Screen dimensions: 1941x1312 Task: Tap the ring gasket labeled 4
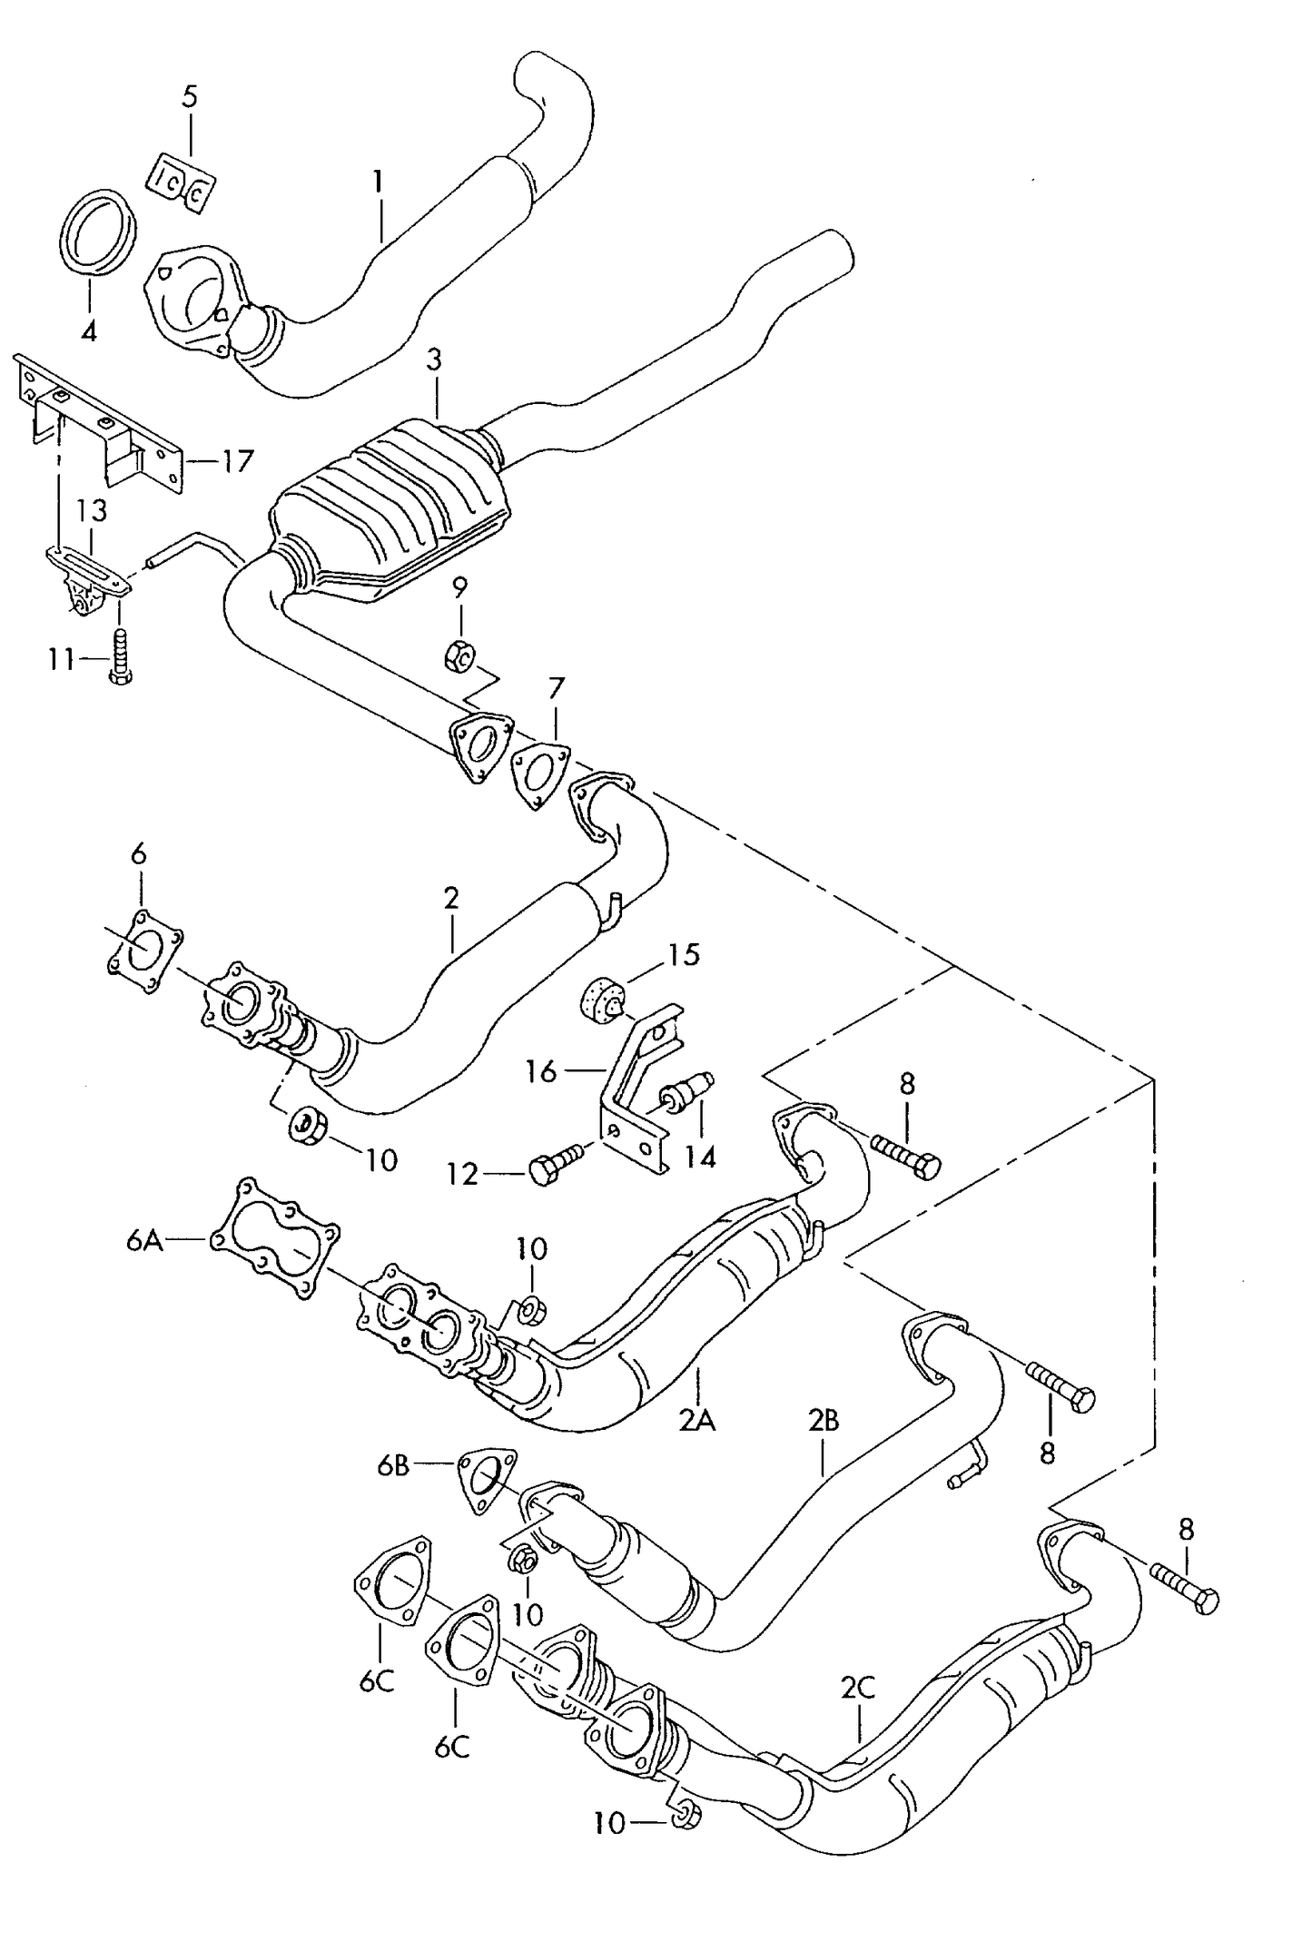coord(98,232)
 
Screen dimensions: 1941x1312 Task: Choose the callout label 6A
coord(144,1241)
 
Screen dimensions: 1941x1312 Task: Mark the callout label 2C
coord(856,1687)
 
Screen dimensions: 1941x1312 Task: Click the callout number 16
coord(541,1072)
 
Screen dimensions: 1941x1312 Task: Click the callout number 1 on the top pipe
coord(377,182)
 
